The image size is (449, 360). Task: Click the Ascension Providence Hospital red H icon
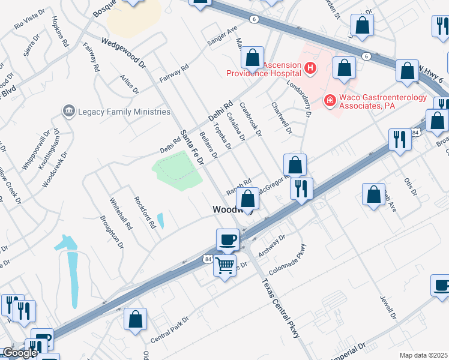[x=310, y=67]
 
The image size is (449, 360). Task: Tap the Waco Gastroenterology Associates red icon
[x=329, y=100]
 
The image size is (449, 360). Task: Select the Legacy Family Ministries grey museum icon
[x=68, y=111]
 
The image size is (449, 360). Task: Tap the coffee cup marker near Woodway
[x=228, y=239]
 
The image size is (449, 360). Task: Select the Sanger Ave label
[x=222, y=36]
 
